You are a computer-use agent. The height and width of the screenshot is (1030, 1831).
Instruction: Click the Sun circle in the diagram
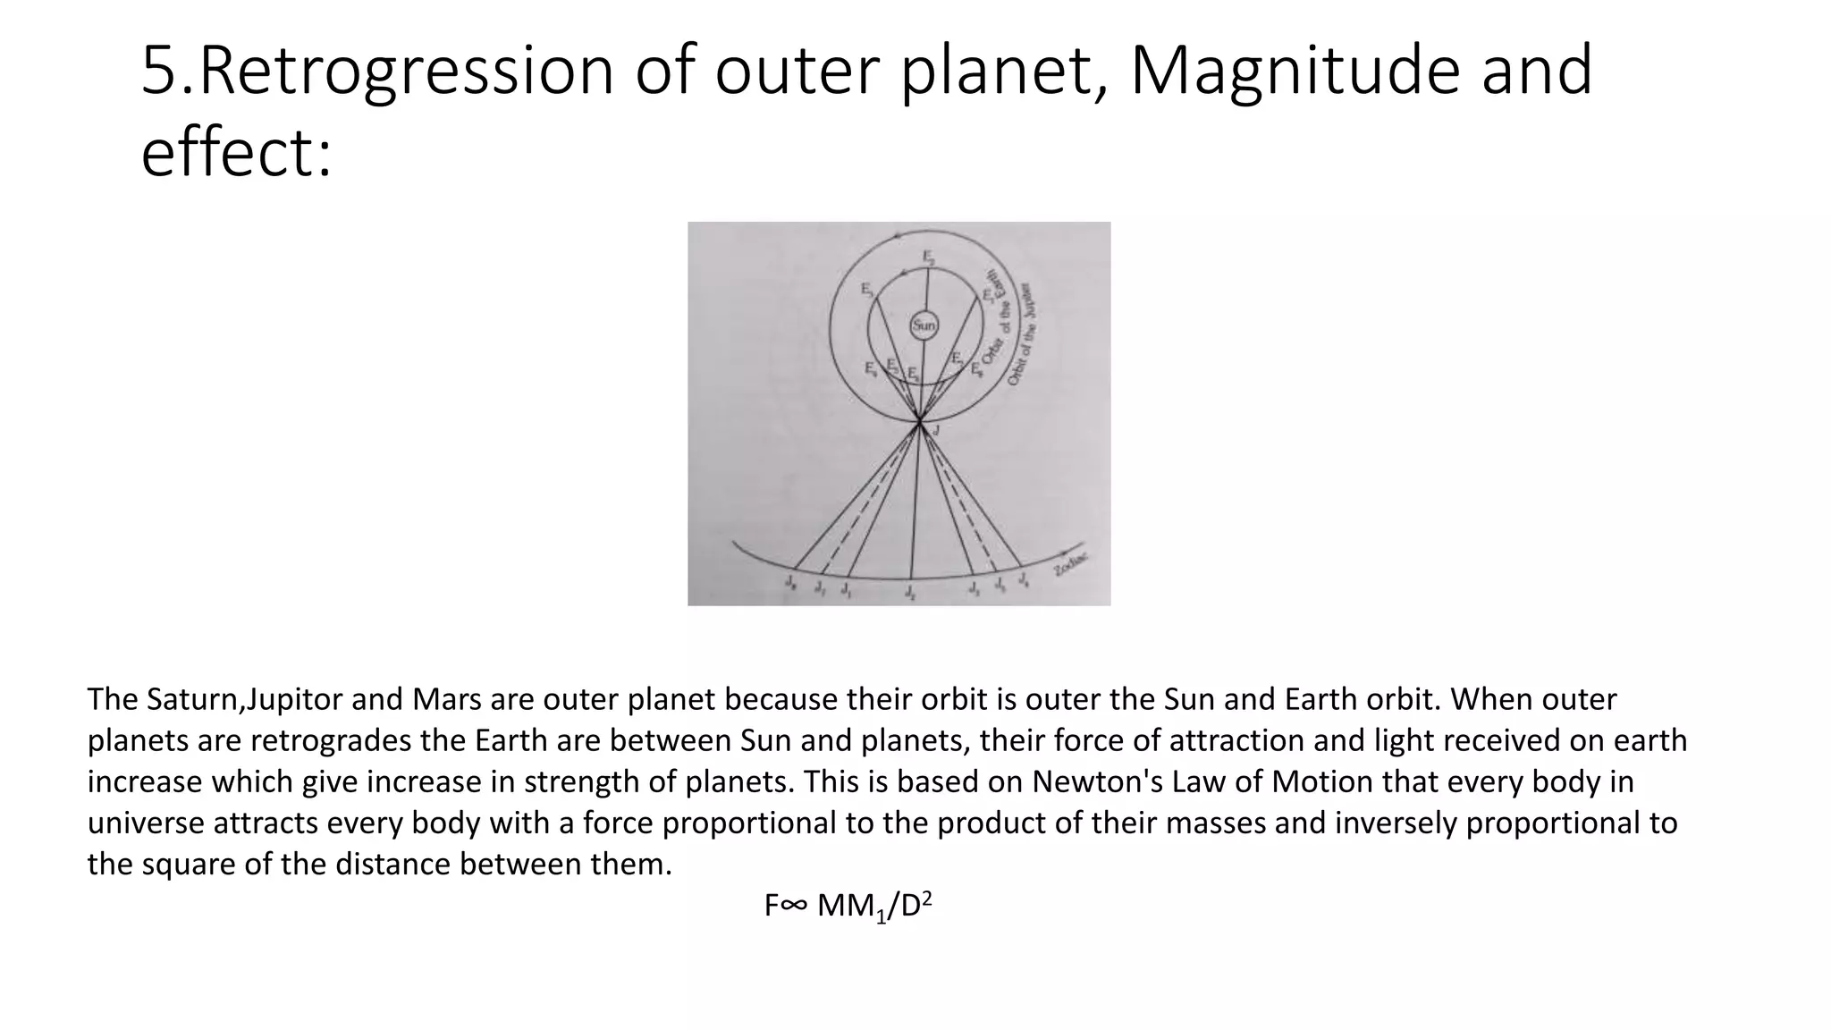[x=924, y=325]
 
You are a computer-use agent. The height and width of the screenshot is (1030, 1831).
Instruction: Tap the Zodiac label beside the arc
[x=1071, y=564]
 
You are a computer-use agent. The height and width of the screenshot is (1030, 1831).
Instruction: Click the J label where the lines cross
[x=935, y=431]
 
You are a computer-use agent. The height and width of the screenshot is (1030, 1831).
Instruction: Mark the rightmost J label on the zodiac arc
[x=1024, y=581]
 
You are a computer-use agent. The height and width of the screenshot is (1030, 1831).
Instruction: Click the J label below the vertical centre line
[x=909, y=592]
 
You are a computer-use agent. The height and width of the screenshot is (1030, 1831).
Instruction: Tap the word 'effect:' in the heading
[x=237, y=153]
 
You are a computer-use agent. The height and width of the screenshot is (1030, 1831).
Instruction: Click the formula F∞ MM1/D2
[x=848, y=907]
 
